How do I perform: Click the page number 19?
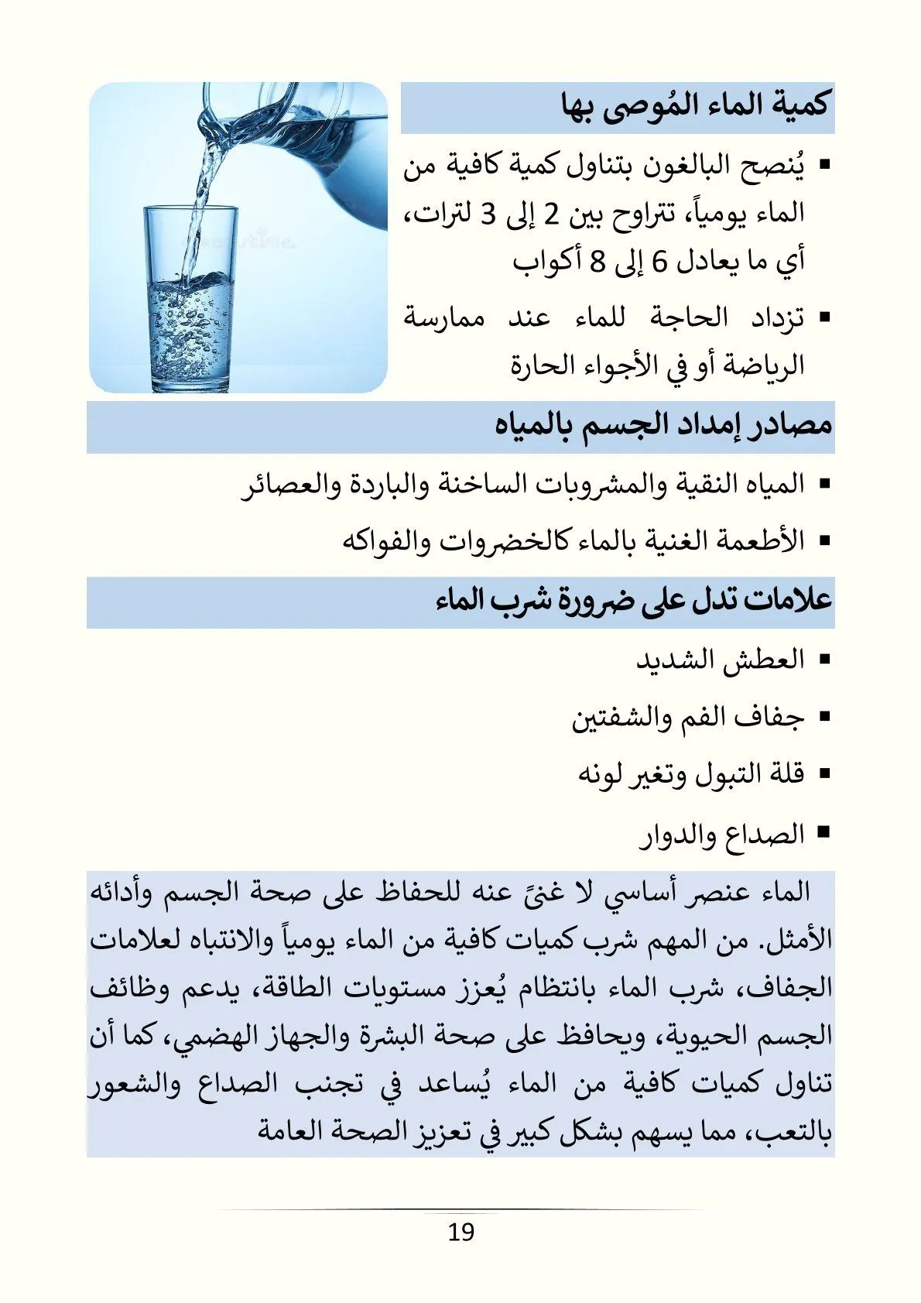pyautogui.click(x=460, y=1231)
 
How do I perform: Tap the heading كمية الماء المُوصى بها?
pyautogui.click(x=695, y=107)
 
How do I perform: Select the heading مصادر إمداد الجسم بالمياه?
pyautogui.click(x=663, y=426)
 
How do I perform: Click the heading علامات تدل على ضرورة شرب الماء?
pyautogui.click(x=634, y=601)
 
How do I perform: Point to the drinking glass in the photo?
pyautogui.click(x=190, y=298)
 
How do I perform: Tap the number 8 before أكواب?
pyautogui.click(x=597, y=262)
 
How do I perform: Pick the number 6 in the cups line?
pyautogui.click(x=659, y=262)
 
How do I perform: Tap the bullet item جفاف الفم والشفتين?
pyautogui.click(x=688, y=718)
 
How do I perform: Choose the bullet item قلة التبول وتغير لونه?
pyautogui.click(x=691, y=774)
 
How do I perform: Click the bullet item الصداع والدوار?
pyautogui.click(x=723, y=835)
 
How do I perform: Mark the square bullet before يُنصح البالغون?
pyautogui.click(x=823, y=165)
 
